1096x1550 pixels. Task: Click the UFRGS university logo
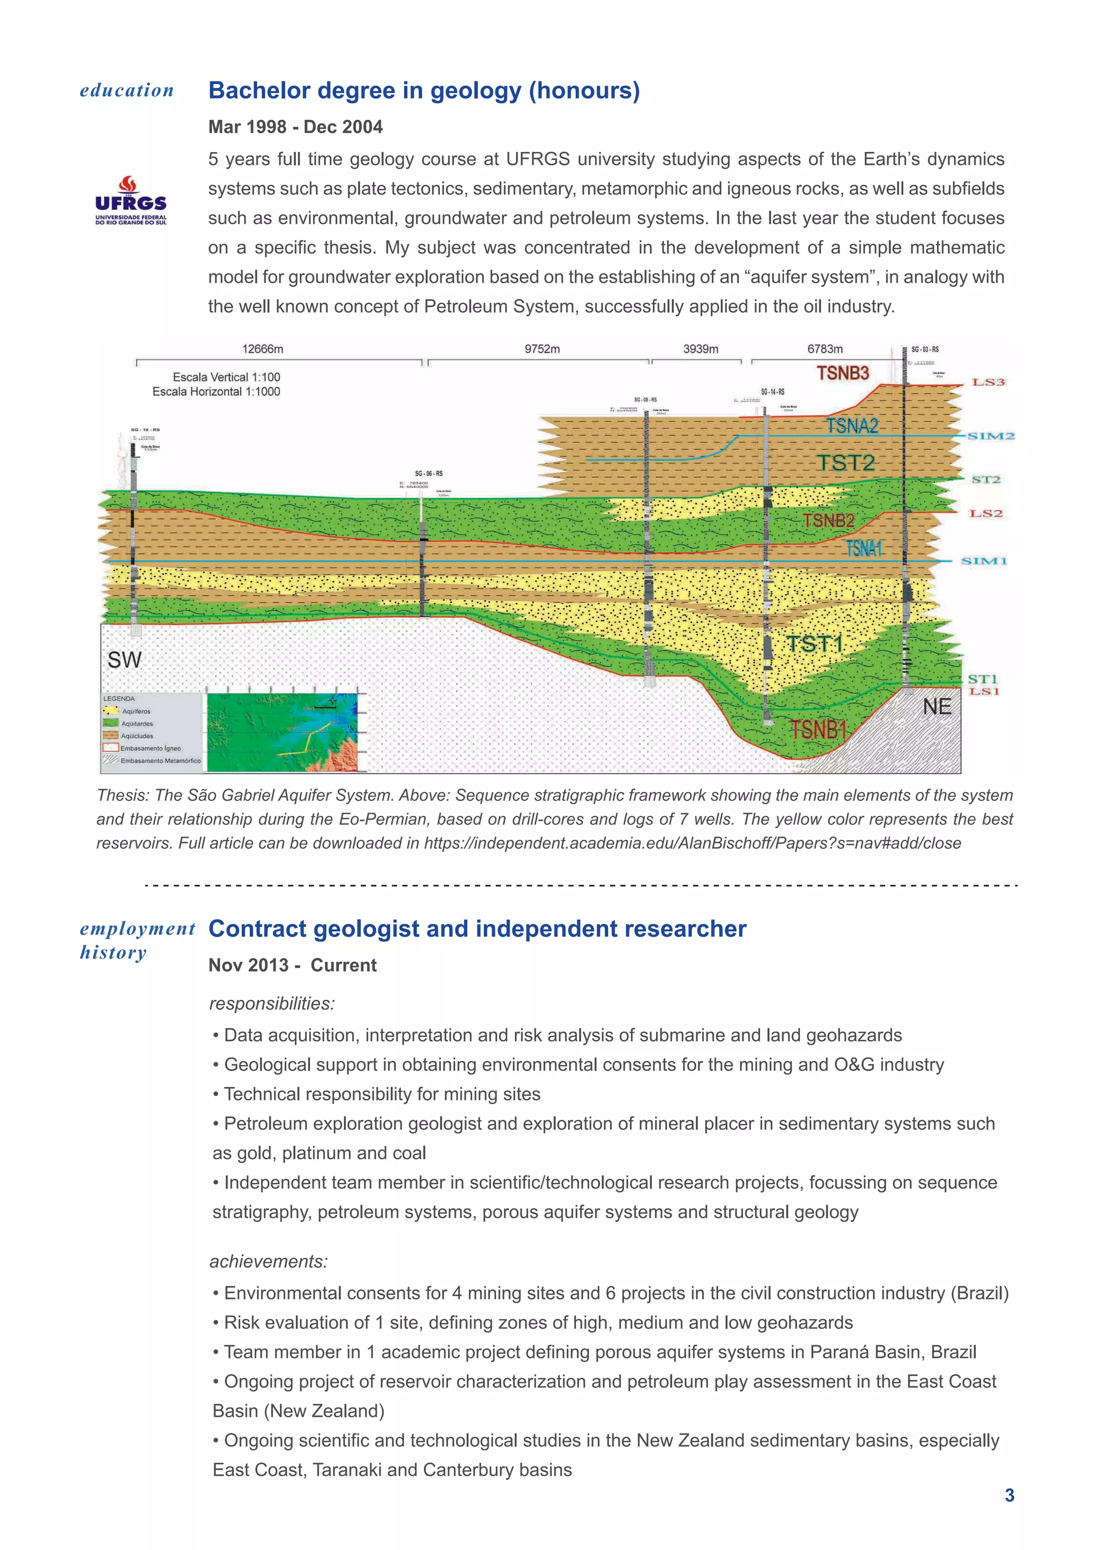click(x=131, y=201)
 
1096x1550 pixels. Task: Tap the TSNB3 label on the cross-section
click(x=843, y=374)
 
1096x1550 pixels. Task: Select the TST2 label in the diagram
click(x=846, y=463)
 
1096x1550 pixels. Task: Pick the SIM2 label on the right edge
click(x=991, y=436)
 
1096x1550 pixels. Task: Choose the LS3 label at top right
click(x=988, y=382)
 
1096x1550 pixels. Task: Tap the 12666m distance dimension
click(x=263, y=349)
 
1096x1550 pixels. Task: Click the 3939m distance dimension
click(x=701, y=349)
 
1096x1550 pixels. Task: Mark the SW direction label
click(x=125, y=659)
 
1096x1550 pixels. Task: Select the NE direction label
click(x=937, y=707)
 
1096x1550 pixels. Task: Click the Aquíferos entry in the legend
click(x=135, y=711)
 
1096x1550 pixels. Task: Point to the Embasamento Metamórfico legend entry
click(x=160, y=761)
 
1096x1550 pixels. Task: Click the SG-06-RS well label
click(x=429, y=473)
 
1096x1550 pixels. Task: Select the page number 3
click(x=1009, y=1495)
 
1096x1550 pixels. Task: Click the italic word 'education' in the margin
click(x=127, y=90)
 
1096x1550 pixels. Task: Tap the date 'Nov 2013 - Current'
click(x=292, y=966)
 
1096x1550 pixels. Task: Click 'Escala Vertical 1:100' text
click(x=226, y=377)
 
